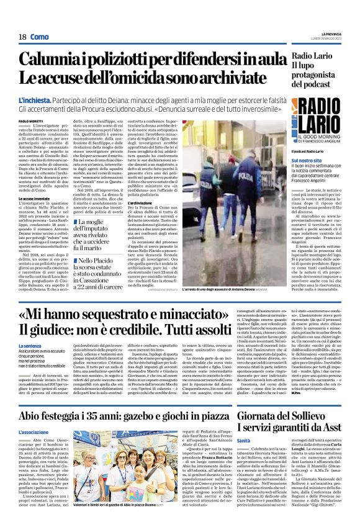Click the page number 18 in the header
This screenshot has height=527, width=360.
click(22, 37)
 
